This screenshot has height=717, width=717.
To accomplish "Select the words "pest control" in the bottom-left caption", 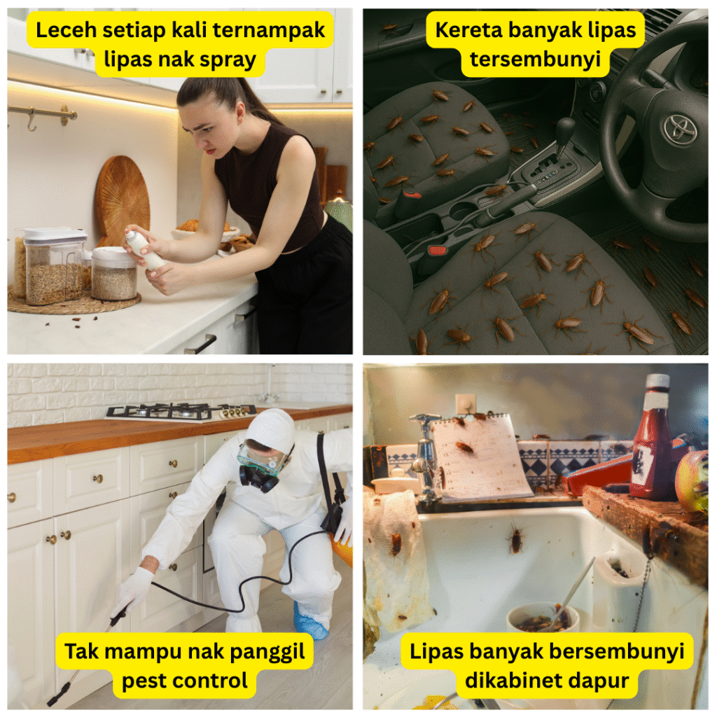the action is pyautogui.click(x=185, y=681).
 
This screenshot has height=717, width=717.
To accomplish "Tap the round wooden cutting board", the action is pyautogui.click(x=122, y=200).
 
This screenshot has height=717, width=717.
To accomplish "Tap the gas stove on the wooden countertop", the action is pyautogui.click(x=181, y=410).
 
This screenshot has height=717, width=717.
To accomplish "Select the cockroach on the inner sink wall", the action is pyautogui.click(x=516, y=540).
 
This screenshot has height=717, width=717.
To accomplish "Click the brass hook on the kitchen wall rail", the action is pyautogui.click(x=32, y=120).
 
